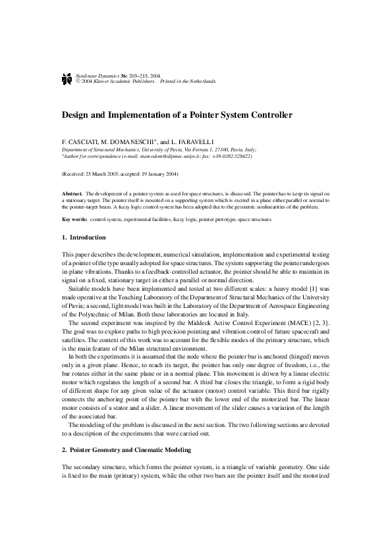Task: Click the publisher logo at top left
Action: coord(66,78)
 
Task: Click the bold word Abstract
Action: coord(71,195)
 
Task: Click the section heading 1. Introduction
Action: coord(83,237)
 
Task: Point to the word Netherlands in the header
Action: coord(201,82)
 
